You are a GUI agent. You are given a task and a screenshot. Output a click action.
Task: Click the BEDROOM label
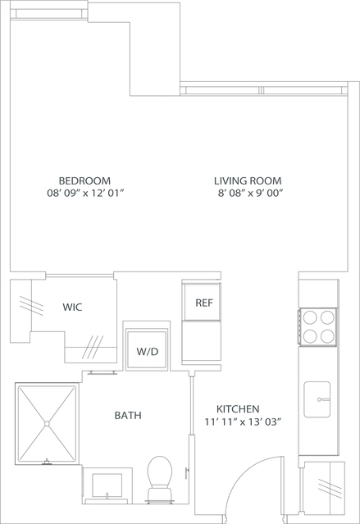(x=84, y=180)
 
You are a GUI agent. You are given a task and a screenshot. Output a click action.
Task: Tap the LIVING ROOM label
(x=248, y=180)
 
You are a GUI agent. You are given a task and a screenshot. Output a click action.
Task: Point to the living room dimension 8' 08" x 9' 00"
(x=249, y=194)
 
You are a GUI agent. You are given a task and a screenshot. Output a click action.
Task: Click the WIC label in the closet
(x=72, y=308)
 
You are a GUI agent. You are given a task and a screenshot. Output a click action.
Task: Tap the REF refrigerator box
(x=203, y=303)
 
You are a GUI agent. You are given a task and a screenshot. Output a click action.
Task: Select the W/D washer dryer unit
(x=147, y=351)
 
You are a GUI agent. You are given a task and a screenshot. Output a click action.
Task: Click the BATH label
(x=127, y=416)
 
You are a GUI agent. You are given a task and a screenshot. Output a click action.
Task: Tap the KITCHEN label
(x=238, y=408)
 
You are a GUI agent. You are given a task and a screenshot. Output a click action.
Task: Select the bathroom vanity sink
(x=107, y=485)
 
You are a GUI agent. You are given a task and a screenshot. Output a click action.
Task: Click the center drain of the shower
(x=47, y=423)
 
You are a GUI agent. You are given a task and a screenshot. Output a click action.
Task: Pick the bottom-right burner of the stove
(x=327, y=335)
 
